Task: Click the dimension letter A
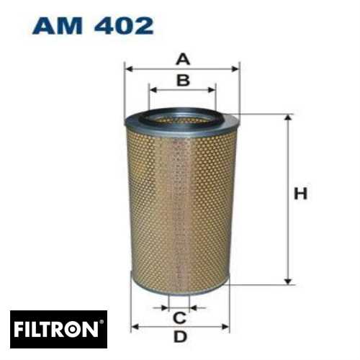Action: [183, 59]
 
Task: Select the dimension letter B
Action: [183, 80]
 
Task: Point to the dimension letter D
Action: [180, 337]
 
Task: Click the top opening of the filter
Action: [182, 115]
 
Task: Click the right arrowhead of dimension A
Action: [236, 69]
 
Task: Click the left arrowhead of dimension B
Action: [152, 90]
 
